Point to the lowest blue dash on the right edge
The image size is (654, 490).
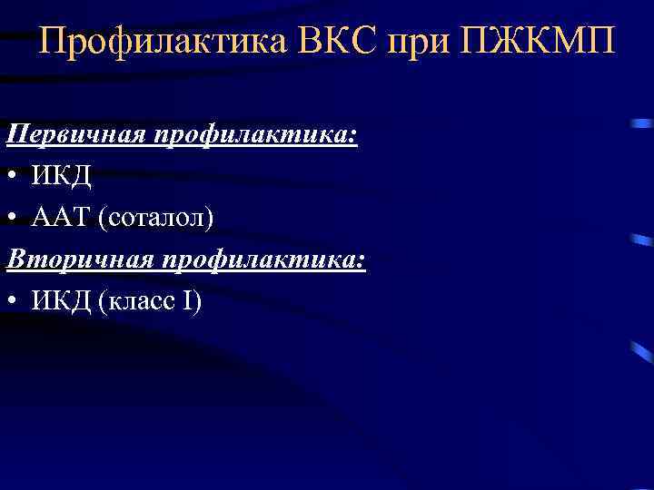click(x=642, y=349)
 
